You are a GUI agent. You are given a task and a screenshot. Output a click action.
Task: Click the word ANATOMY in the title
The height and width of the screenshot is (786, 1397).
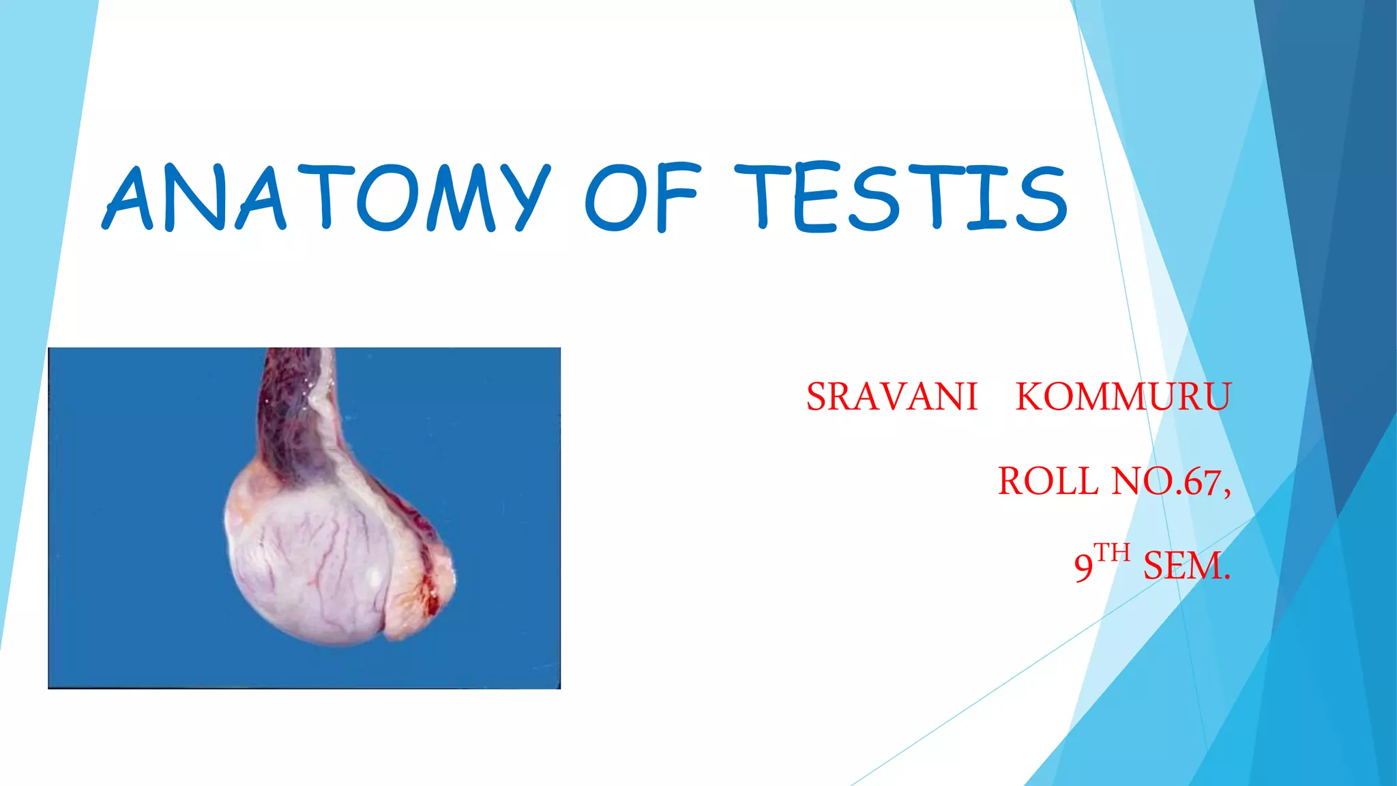[326, 198]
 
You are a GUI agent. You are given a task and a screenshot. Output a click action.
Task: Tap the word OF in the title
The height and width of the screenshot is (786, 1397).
[641, 198]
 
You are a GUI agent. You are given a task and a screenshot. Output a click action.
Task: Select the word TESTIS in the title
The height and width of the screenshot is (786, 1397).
[900, 198]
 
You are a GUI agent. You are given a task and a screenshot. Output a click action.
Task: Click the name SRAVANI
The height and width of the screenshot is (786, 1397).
[892, 397]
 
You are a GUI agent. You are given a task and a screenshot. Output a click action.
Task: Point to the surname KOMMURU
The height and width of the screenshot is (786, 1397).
[1123, 397]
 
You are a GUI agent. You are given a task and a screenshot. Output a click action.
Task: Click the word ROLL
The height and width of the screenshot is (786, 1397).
[1048, 482]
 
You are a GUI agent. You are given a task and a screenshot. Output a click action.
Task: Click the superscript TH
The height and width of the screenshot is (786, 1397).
[1112, 553]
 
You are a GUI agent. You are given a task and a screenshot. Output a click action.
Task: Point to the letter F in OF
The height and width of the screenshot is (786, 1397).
[676, 198]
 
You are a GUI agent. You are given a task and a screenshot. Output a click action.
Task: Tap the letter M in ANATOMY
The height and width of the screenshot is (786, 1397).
[460, 198]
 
